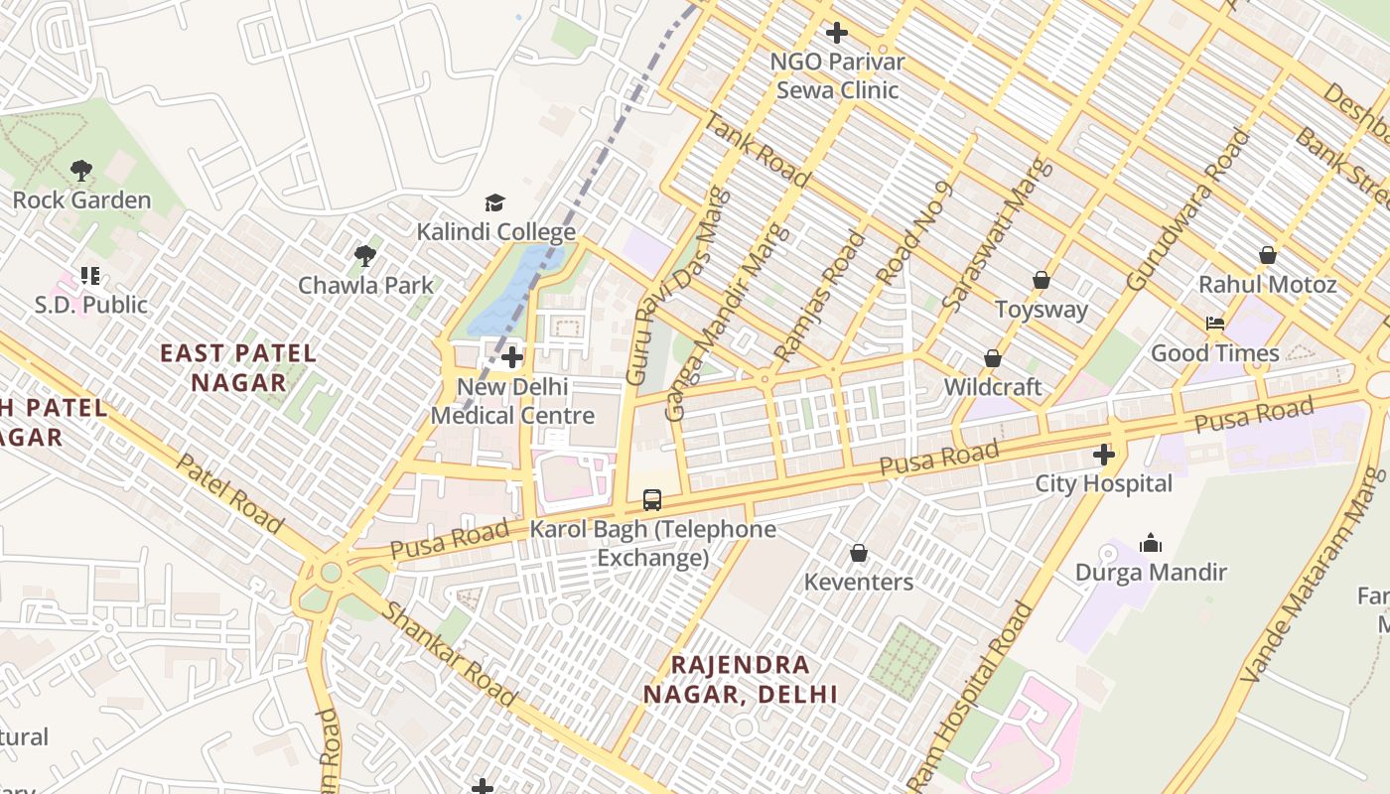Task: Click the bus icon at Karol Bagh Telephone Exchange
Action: [652, 500]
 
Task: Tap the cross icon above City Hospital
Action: [1103, 455]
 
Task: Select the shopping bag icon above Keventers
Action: [859, 553]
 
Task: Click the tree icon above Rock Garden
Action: [81, 171]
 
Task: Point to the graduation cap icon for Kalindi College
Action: [494, 203]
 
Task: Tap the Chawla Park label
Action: [366, 286]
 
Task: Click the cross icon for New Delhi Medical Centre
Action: [512, 357]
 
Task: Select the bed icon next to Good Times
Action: [1214, 324]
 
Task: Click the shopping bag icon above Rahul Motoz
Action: [1268, 256]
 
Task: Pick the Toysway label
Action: [1042, 310]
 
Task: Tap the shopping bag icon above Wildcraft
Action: [993, 358]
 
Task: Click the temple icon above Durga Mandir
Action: [1151, 543]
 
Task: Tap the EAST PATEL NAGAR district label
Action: [238, 367]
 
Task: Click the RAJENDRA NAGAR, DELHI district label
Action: [741, 679]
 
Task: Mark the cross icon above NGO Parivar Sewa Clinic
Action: [837, 33]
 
